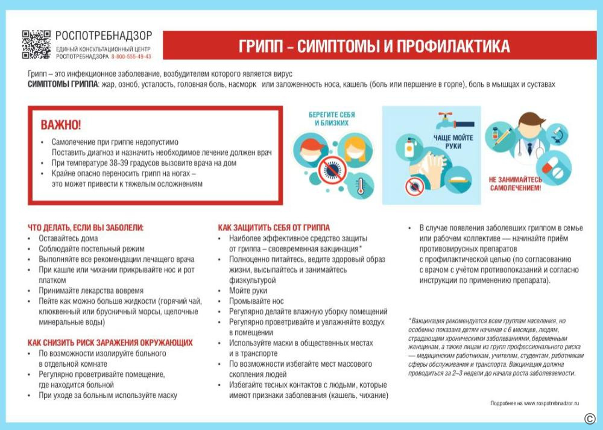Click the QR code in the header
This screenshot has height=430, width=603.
36,45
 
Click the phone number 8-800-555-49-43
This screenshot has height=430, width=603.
131,57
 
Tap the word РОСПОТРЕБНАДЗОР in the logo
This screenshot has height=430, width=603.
104,36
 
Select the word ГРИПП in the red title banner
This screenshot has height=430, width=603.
260,46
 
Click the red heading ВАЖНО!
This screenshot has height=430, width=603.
60,125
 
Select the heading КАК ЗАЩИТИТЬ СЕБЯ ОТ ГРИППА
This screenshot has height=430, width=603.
274,228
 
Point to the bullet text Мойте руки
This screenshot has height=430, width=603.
248,291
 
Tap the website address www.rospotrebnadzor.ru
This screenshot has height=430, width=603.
551,402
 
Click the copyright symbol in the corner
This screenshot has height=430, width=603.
589,419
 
